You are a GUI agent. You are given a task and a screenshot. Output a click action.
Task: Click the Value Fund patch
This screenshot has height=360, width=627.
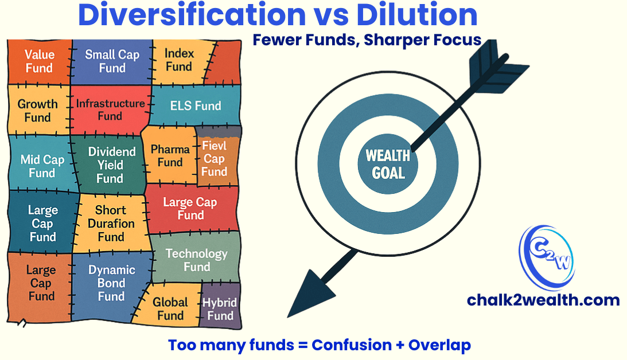click(x=38, y=61)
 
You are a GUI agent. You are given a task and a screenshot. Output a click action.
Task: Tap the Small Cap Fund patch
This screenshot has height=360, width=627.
click(x=112, y=61)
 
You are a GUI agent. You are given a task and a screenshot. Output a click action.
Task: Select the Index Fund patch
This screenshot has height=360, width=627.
click(x=179, y=60)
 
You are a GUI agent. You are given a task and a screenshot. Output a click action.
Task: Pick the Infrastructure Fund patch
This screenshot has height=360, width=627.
click(x=110, y=109)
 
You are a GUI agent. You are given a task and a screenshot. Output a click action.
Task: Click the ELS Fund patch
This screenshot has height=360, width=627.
click(x=196, y=106)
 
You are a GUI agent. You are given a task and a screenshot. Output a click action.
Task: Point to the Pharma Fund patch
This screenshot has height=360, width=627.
click(x=170, y=156)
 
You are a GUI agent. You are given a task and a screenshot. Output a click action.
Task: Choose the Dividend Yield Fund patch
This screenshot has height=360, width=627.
click(x=112, y=165)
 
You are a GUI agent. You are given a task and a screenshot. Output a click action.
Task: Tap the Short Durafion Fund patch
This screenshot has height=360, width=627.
click(x=111, y=224)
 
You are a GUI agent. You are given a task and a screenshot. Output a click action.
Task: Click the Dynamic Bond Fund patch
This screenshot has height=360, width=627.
click(x=111, y=283)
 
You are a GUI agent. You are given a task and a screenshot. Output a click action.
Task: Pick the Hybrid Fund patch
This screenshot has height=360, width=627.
click(x=220, y=309)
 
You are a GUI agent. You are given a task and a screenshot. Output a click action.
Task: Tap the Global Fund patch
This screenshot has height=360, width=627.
click(x=170, y=309)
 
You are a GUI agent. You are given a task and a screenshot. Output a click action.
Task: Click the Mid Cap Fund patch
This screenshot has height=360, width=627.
click(x=41, y=166)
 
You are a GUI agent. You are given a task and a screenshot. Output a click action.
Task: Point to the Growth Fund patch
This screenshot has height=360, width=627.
click(x=37, y=111)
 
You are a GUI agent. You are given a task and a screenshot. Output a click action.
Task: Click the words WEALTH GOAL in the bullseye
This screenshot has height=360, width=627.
click(x=388, y=163)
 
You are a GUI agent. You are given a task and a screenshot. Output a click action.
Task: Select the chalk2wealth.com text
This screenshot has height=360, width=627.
click(x=543, y=300)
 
